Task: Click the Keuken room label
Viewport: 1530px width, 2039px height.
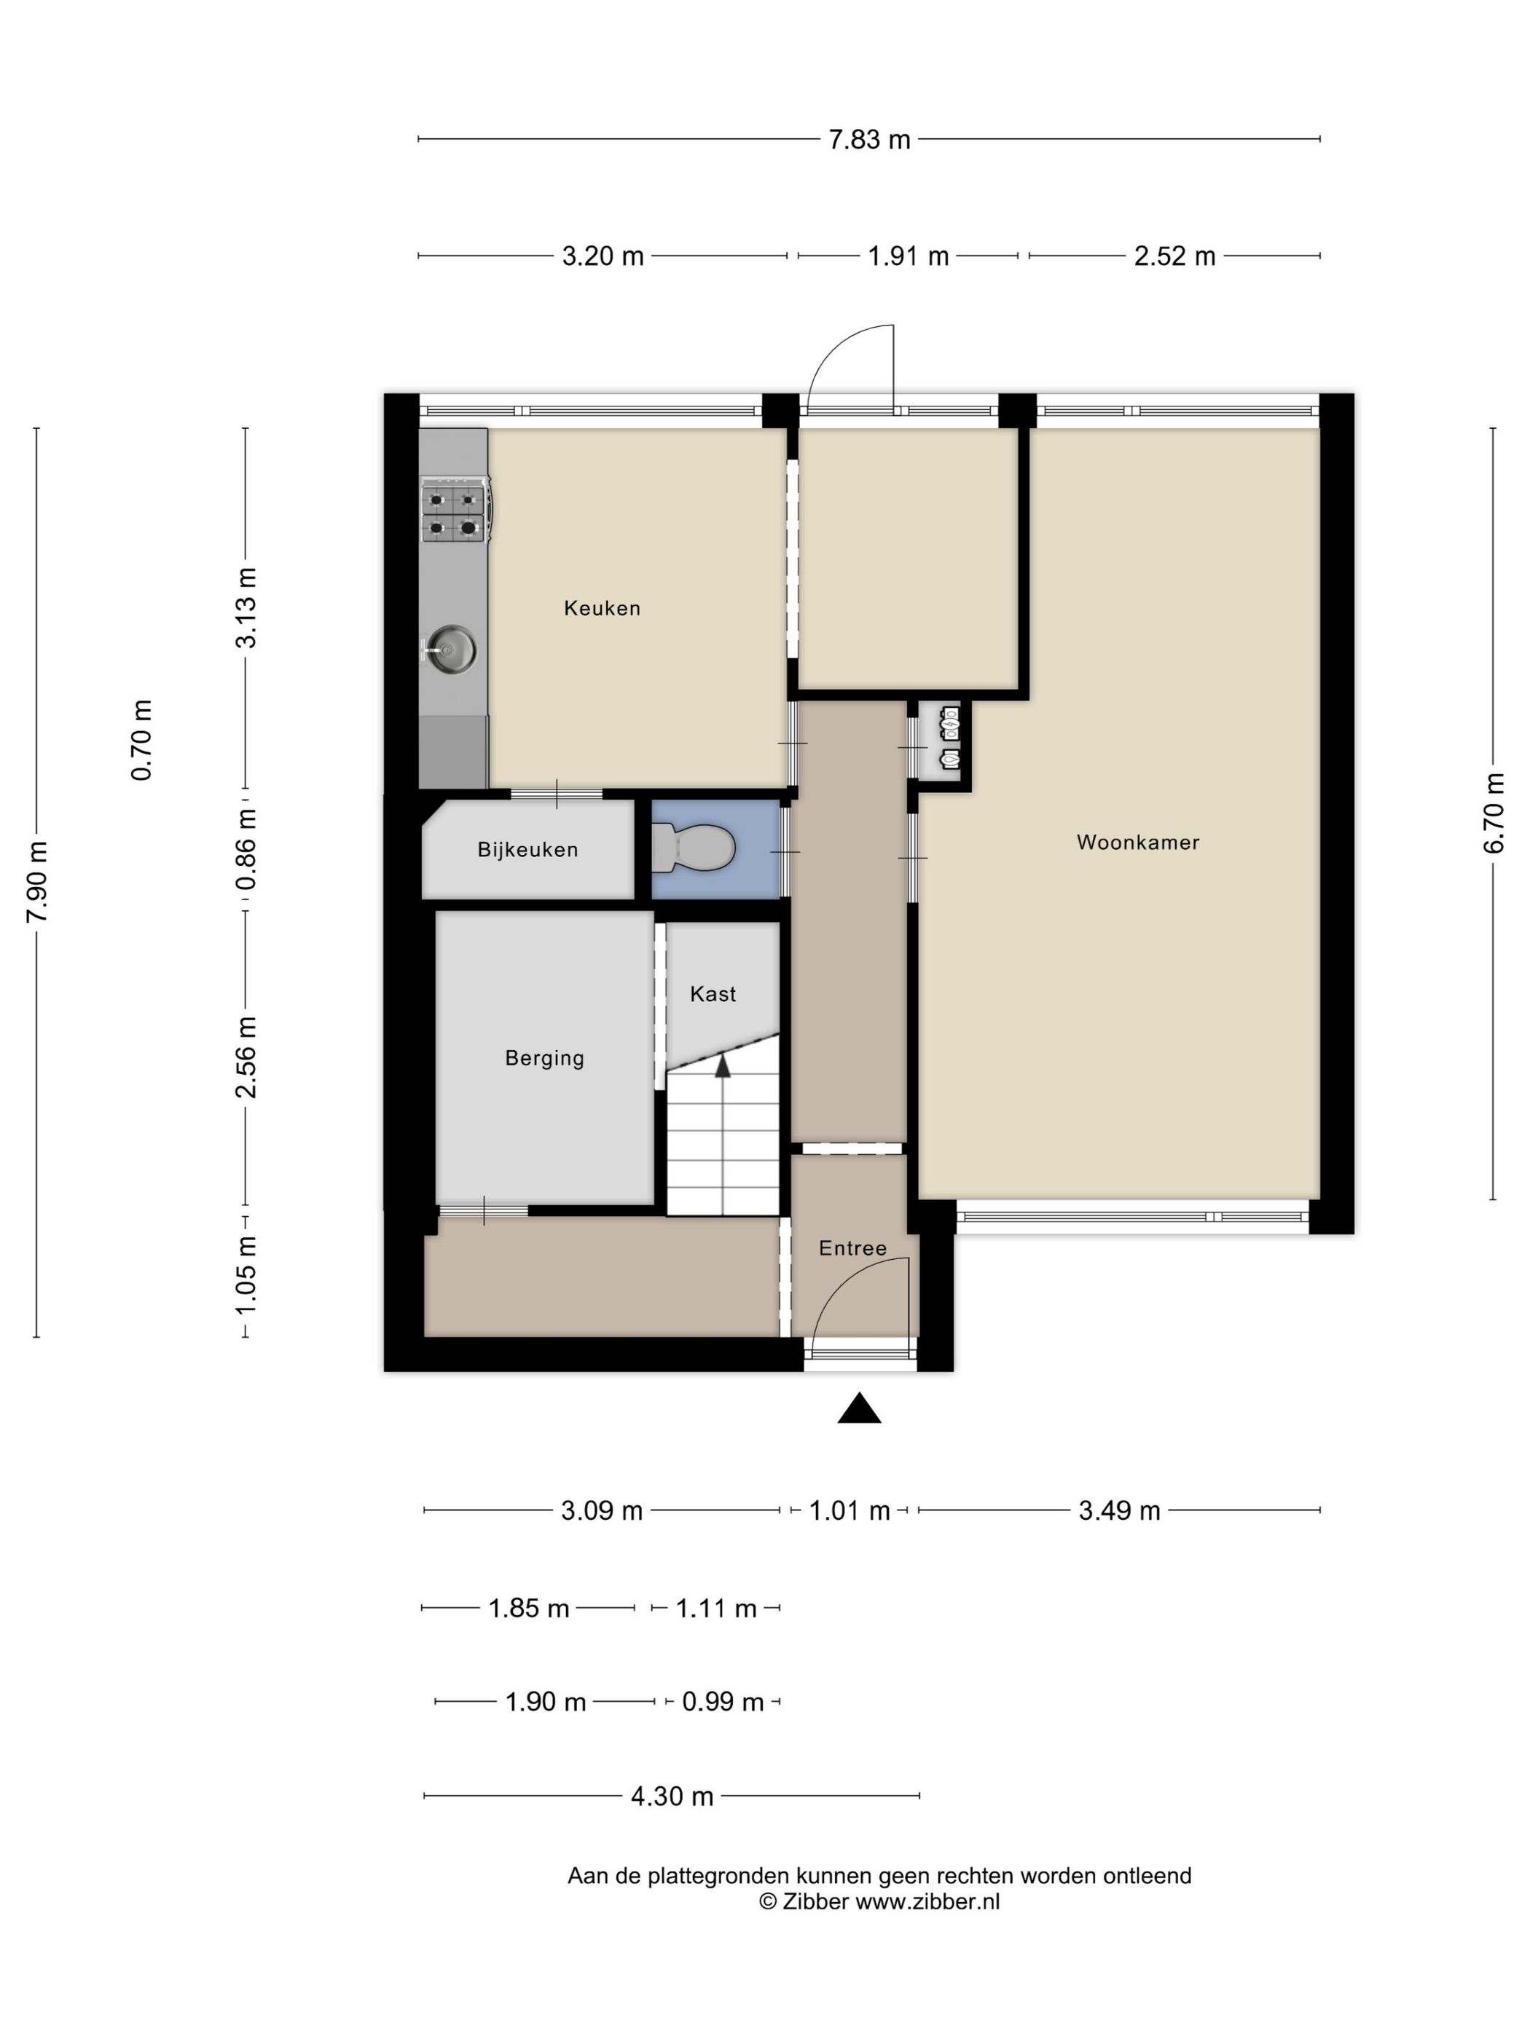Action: pyautogui.click(x=601, y=607)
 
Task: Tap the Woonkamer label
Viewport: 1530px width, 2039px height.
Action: pyautogui.click(x=1138, y=842)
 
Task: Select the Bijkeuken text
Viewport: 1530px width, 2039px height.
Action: pyautogui.click(x=527, y=850)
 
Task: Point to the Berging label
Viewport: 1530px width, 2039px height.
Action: pyautogui.click(x=544, y=1058)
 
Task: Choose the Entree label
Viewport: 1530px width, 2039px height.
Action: pyautogui.click(x=852, y=1248)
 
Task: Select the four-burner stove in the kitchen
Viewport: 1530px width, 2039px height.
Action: pyautogui.click(x=455, y=510)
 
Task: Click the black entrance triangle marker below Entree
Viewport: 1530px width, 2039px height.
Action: pyautogui.click(x=858, y=1409)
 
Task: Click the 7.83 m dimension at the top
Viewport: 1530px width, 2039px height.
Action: pyautogui.click(x=868, y=139)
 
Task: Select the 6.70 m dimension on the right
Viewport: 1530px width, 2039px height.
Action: pyautogui.click(x=1494, y=813)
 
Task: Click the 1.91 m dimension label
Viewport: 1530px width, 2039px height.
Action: pyautogui.click(x=908, y=256)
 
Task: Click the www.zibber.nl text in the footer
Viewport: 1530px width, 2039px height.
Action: pyautogui.click(x=927, y=1901)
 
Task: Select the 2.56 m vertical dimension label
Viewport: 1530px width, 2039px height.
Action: pyautogui.click(x=246, y=1057)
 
